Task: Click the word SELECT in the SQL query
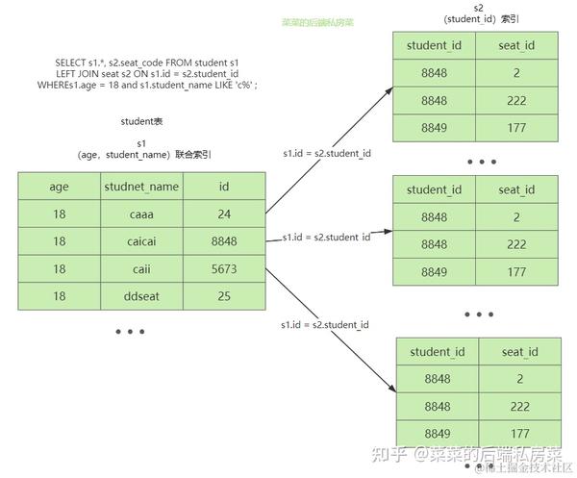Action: pos(73,63)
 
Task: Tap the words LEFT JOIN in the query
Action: pos(77,73)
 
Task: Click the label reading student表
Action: pos(141,122)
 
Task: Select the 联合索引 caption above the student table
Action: pos(192,154)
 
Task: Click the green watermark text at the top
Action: pos(316,21)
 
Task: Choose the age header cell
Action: pos(60,187)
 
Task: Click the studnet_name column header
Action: pos(141,187)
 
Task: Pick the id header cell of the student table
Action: pos(224,187)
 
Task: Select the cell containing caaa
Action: pos(141,214)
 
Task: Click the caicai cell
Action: pos(141,241)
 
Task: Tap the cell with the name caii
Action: pos(141,269)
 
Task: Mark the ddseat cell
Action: pos(141,296)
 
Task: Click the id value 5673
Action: pos(224,269)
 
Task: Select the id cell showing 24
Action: pos(224,214)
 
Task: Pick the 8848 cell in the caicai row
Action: pos(224,241)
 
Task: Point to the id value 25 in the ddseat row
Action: pos(224,296)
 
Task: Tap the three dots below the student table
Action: pos(129,332)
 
